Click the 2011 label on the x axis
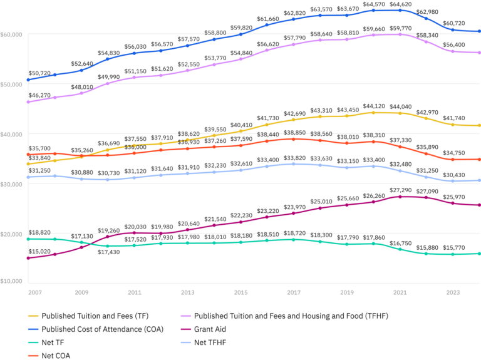(135, 292)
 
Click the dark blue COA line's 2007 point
(29, 80)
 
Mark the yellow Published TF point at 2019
(347, 116)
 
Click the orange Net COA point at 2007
(29, 154)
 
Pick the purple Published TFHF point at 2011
(135, 77)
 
